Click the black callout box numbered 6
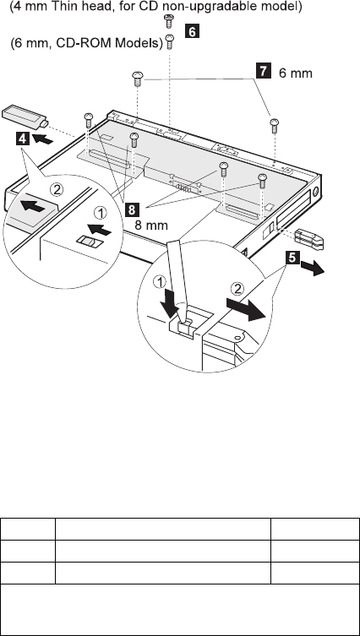(192, 31)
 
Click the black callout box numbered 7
(263, 72)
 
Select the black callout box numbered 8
(131, 209)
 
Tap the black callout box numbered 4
(23, 139)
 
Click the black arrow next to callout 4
(42, 139)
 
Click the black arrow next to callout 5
(313, 269)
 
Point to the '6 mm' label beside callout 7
(296, 73)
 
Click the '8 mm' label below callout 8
(151, 225)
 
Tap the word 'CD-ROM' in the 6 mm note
(82, 41)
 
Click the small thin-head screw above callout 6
(168, 20)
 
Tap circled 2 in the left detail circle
(56, 188)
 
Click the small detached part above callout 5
(309, 238)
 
